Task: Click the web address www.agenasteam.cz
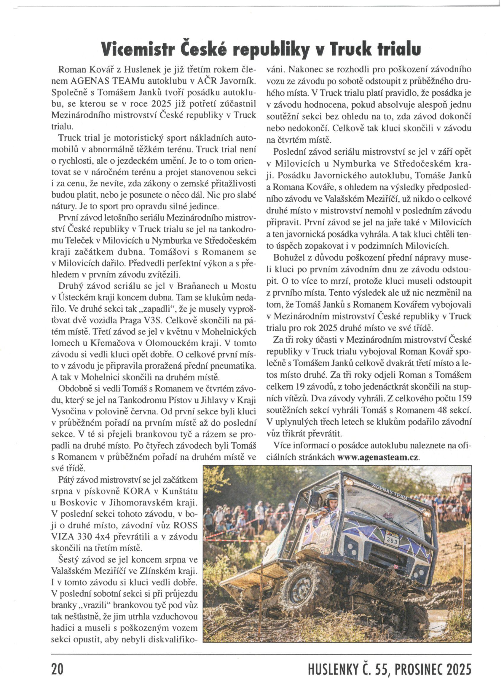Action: click(x=379, y=457)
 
